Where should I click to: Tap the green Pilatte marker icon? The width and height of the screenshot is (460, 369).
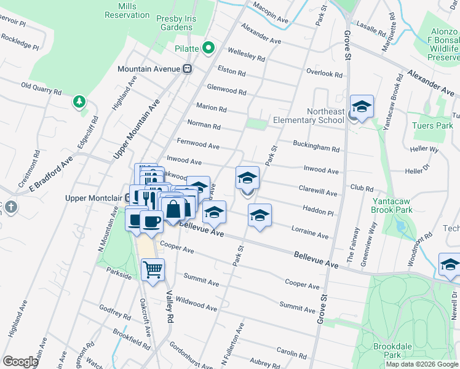(x=208, y=47)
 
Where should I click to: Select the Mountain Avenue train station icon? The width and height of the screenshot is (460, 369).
(x=188, y=69)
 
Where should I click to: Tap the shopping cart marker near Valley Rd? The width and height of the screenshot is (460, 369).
(x=153, y=269)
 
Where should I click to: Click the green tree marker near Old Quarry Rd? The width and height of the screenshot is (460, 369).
(x=79, y=101)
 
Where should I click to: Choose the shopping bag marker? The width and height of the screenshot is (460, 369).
(x=174, y=208)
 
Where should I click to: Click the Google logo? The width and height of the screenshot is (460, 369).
(x=20, y=362)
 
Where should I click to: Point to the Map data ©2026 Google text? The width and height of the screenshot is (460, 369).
(x=421, y=364)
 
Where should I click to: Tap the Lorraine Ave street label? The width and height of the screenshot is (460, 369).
(x=311, y=234)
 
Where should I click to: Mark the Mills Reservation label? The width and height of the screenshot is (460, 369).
(x=128, y=9)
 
